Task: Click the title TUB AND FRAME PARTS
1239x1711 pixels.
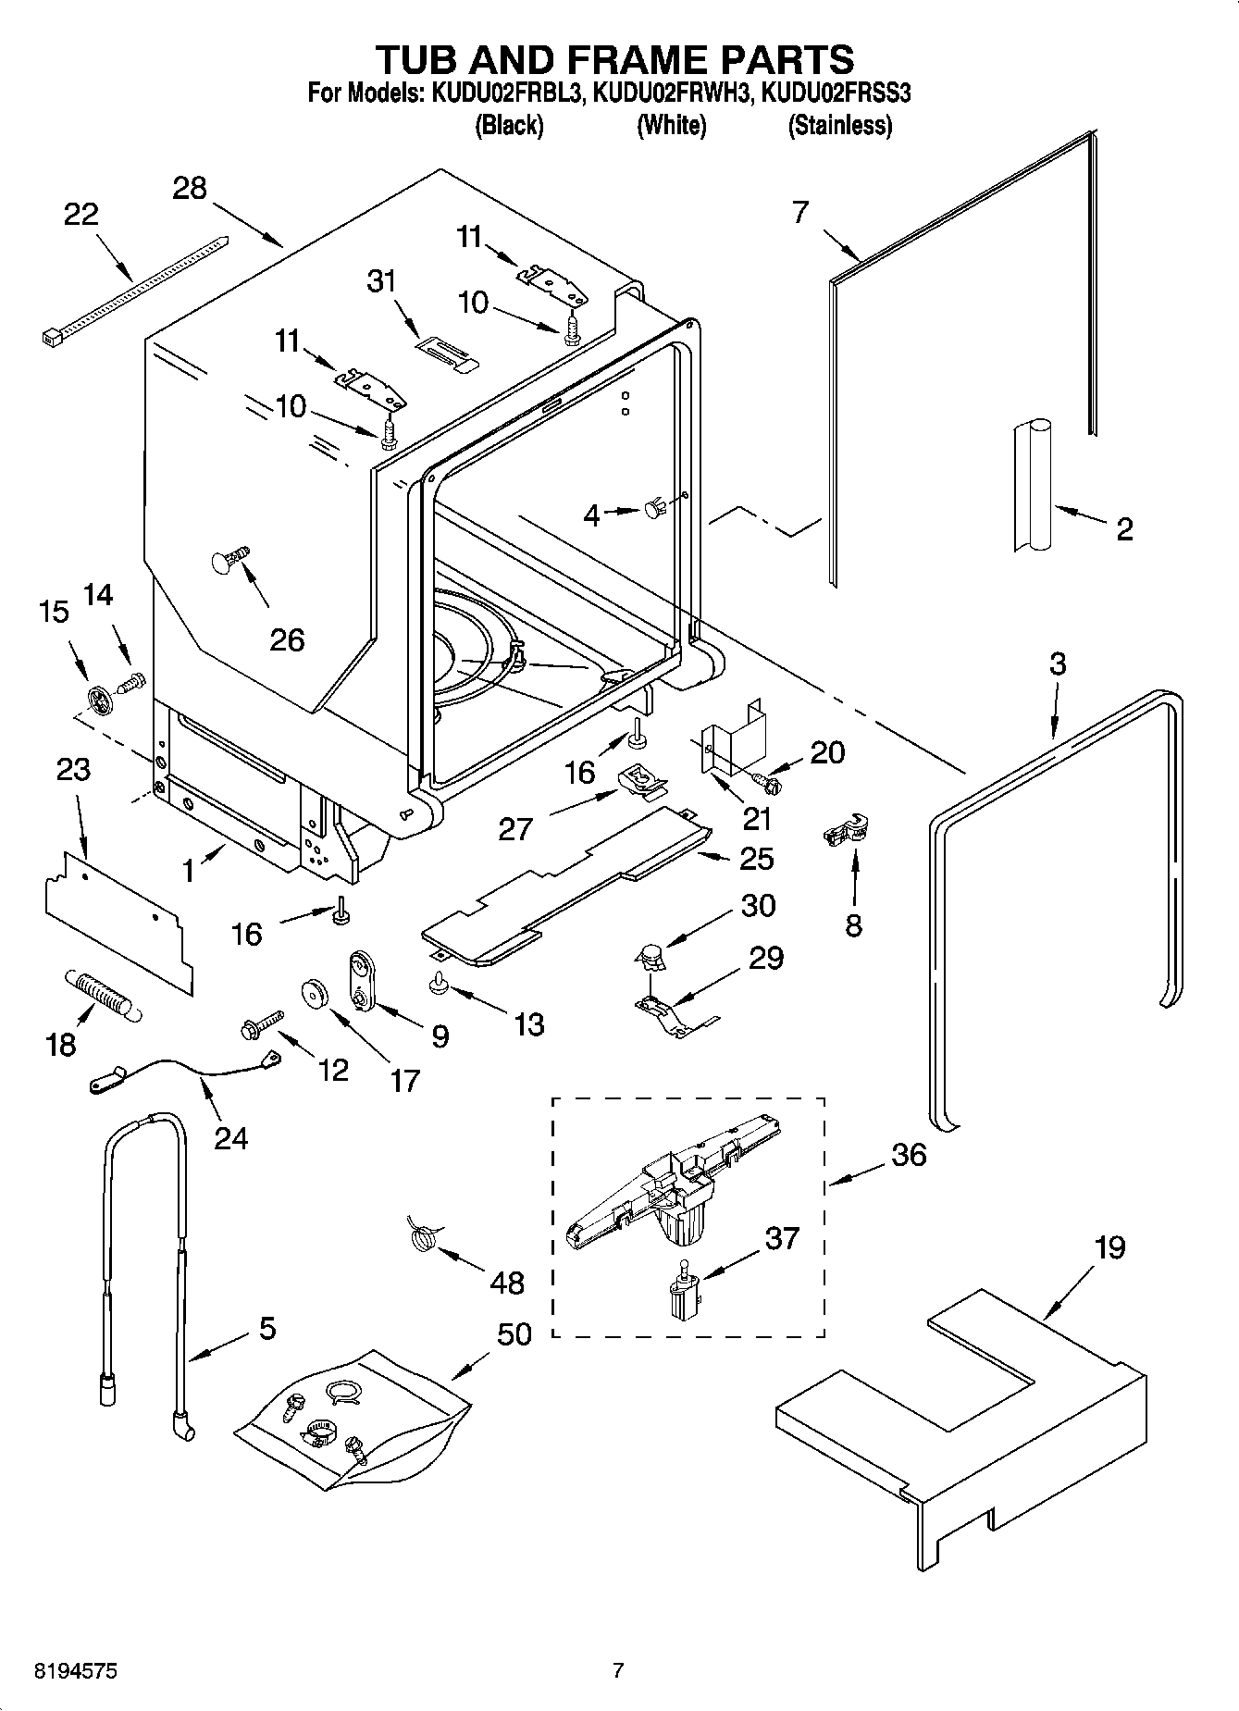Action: [x=614, y=58]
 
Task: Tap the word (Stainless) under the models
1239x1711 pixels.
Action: [x=839, y=126]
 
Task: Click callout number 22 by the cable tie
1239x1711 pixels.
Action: [x=81, y=214]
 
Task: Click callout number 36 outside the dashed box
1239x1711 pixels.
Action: [x=908, y=1155]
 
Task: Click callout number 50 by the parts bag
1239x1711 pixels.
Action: [x=514, y=1333]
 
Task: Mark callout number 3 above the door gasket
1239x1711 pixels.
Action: [x=1058, y=663]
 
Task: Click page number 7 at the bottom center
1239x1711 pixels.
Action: [x=618, y=1670]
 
